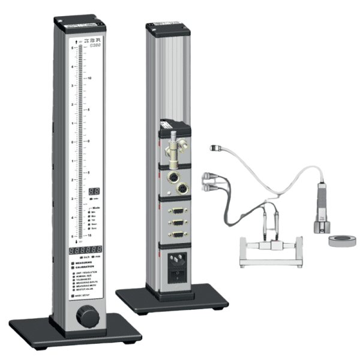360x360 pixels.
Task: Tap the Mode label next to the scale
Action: [96, 206]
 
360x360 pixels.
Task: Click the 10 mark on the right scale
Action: [89, 78]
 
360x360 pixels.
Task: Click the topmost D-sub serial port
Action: [178, 211]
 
